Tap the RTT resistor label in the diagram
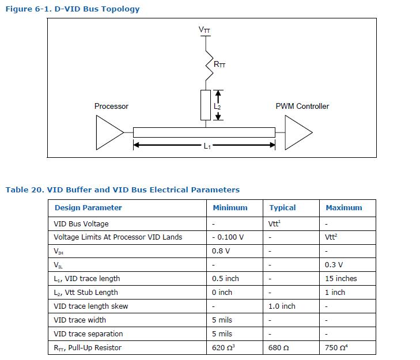pos(220,65)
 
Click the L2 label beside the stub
pos(217,107)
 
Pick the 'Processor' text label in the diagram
pos(111,107)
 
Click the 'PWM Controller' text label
pos(302,107)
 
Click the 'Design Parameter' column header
pos(88,208)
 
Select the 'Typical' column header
pos(282,208)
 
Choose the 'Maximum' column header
pos(344,208)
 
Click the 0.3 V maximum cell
pos(334,264)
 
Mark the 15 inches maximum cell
pos(341,278)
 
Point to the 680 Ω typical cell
pos(279,347)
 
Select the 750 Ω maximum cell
pos(338,347)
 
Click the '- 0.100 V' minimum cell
pos(228,237)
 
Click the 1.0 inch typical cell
pos(282,306)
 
